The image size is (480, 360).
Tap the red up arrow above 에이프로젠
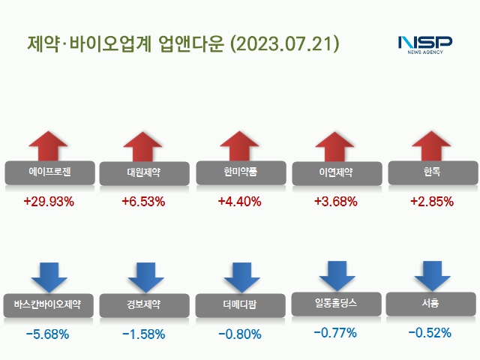pos(49,145)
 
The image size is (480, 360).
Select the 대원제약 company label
pos(143,172)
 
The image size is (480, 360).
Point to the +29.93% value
pos(48,202)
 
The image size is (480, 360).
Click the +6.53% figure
pos(143,202)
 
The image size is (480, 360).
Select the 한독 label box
pos(431,172)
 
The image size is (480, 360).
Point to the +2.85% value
pos(431,202)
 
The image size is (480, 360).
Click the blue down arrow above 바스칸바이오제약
pos(49,277)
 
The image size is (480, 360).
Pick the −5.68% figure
pos(47,334)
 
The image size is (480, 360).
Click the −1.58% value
pos(143,334)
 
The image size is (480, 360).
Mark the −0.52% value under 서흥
pos(430,332)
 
